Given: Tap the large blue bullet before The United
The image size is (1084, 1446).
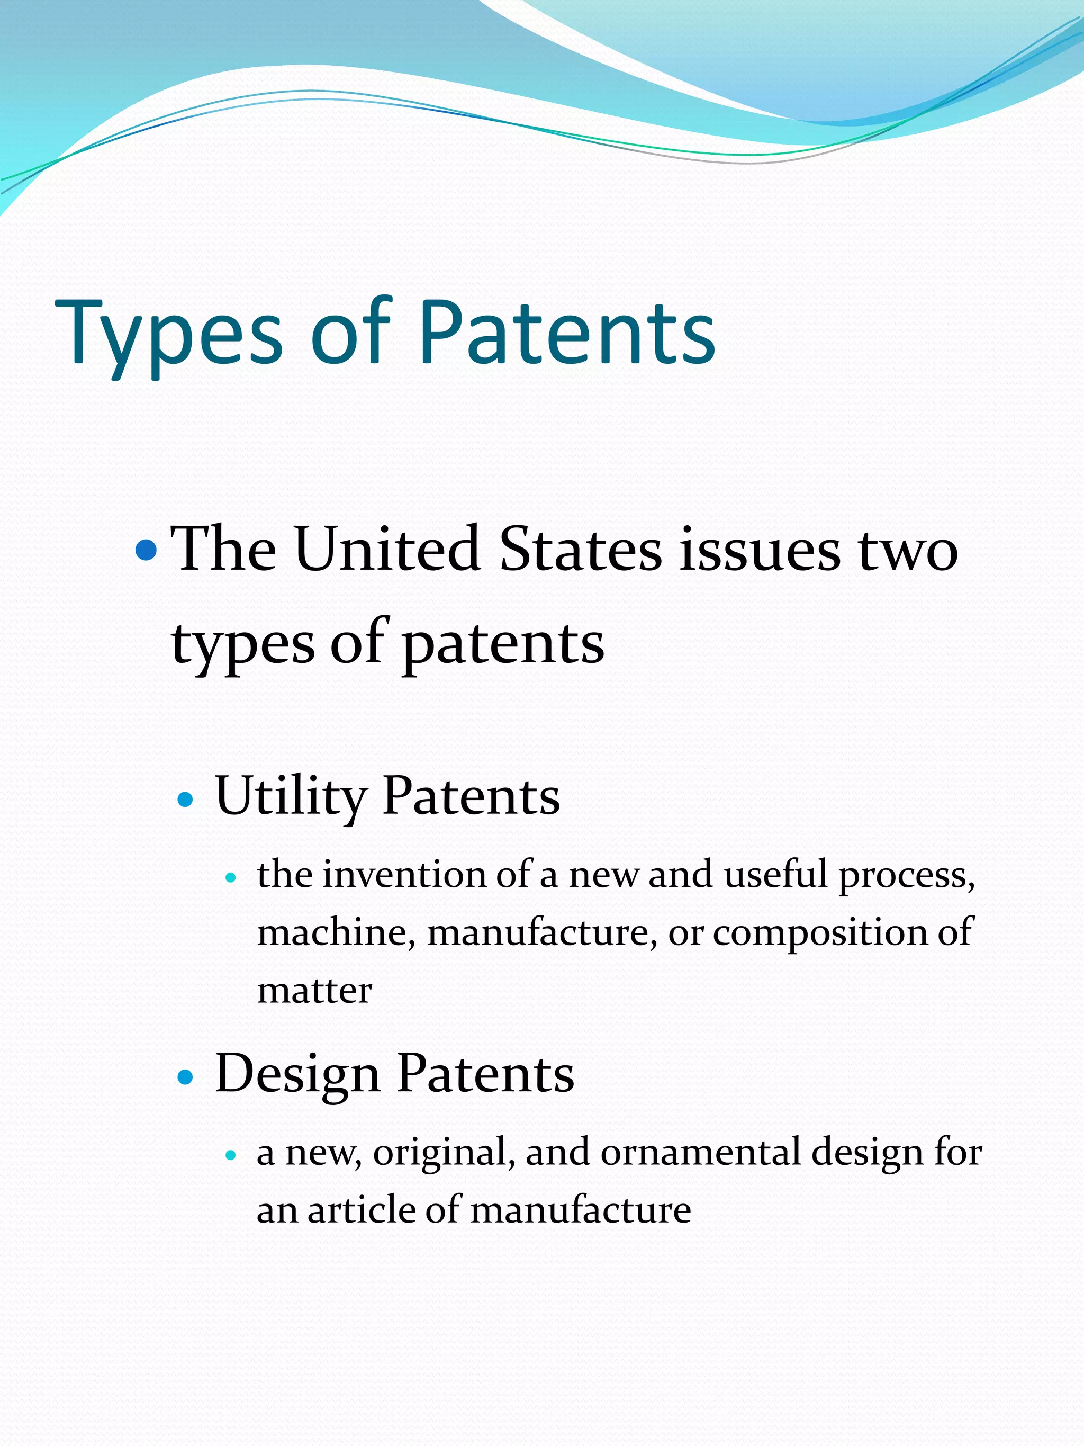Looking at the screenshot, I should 147,551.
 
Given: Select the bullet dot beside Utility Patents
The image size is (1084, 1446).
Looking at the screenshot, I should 186,799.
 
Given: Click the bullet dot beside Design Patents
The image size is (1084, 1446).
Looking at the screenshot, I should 186,1076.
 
